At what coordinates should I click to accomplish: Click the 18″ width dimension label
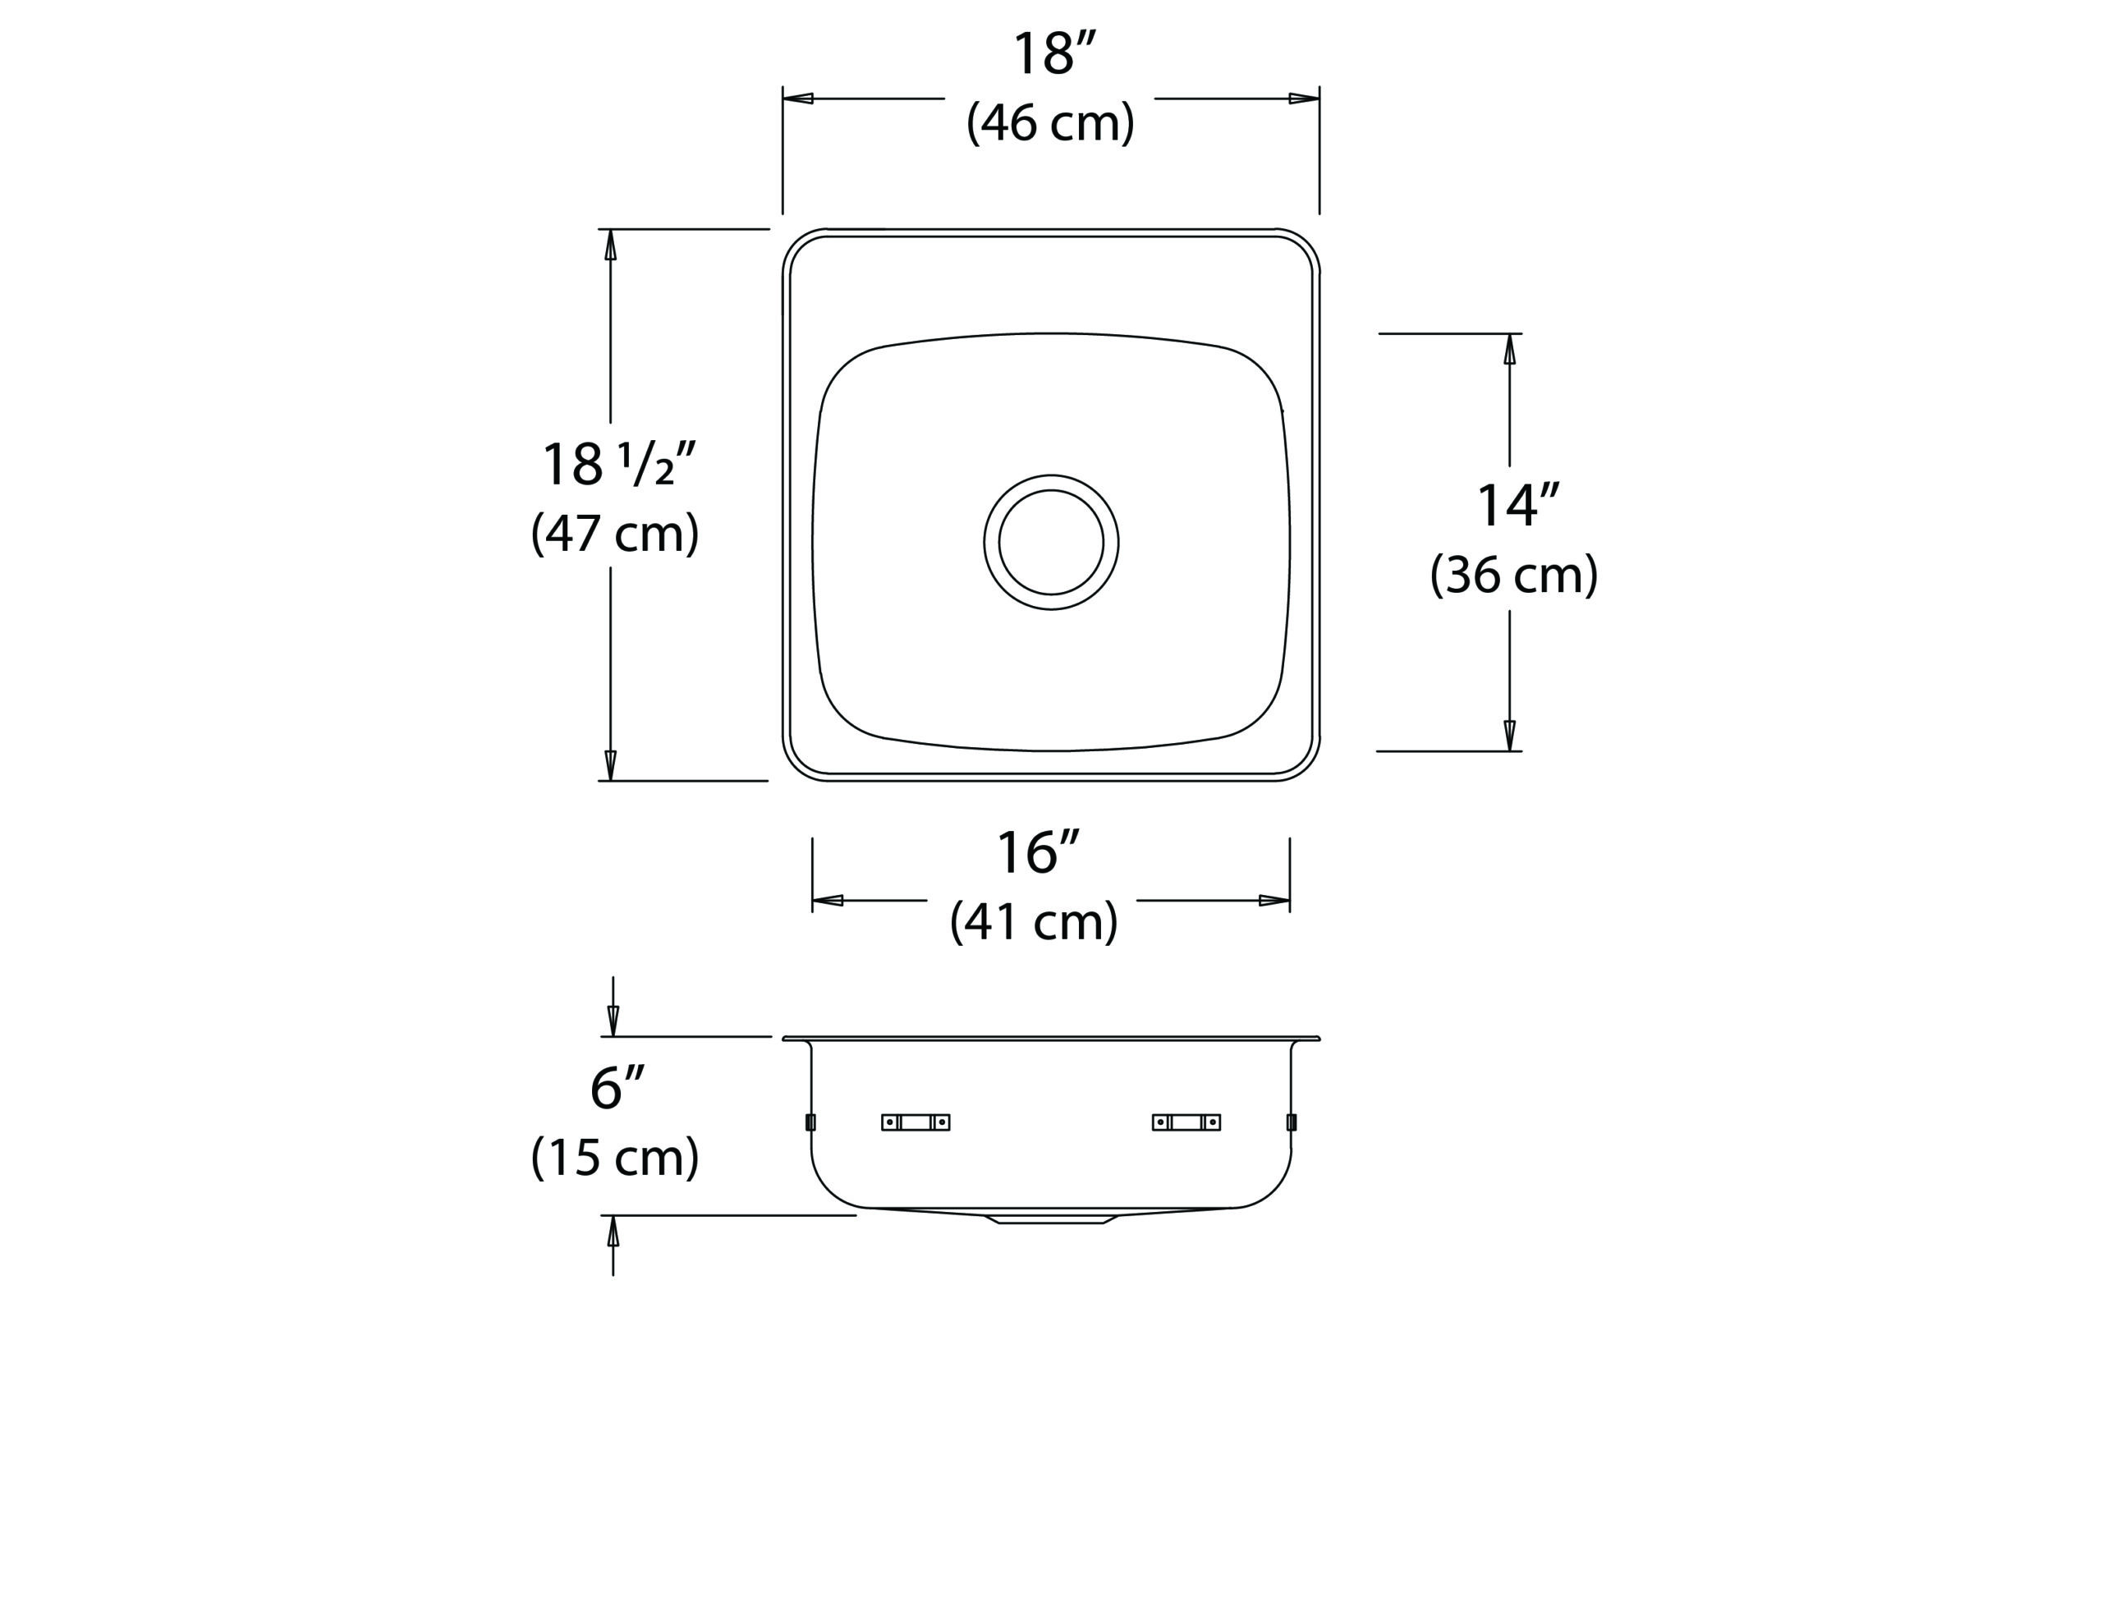tap(1055, 55)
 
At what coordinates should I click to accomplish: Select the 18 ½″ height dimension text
tap(619, 464)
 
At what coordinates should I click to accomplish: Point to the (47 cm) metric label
tap(615, 533)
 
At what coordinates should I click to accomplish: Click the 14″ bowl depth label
tap(1518, 506)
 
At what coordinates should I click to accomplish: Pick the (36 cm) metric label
tap(1514, 575)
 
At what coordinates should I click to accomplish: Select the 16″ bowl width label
tap(1038, 852)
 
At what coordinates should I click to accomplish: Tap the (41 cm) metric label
tap(1035, 922)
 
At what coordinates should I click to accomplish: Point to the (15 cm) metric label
tap(615, 1158)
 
